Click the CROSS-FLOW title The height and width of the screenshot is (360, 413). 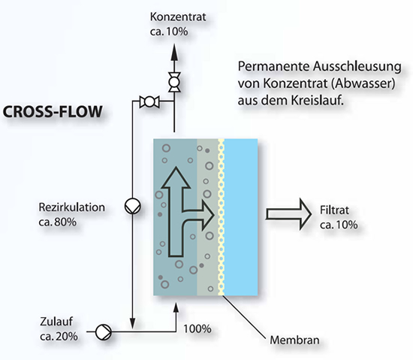(x=53, y=111)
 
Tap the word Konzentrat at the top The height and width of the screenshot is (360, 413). (x=178, y=17)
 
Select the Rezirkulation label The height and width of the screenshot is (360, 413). (x=71, y=207)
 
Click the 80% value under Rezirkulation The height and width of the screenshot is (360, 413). (x=65, y=222)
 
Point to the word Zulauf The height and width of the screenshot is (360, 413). (x=56, y=322)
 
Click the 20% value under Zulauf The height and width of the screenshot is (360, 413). (x=67, y=336)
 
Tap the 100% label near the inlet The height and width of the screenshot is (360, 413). (x=197, y=329)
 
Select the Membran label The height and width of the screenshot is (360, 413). (x=294, y=340)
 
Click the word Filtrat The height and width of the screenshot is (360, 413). (x=334, y=210)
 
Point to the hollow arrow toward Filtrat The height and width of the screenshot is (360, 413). (x=288, y=214)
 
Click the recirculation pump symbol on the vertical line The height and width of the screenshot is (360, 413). (x=132, y=206)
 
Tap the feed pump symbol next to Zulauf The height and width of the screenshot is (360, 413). (x=104, y=332)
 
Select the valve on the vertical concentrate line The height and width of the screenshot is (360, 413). (x=174, y=82)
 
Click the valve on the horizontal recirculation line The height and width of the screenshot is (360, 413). (x=149, y=102)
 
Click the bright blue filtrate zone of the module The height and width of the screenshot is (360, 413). (x=241, y=217)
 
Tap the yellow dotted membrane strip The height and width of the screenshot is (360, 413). (x=222, y=217)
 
